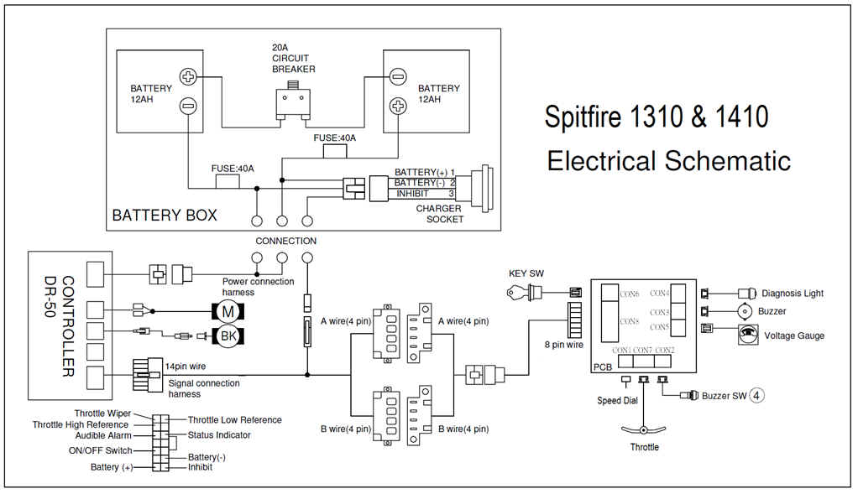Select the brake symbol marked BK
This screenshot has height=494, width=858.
pos(227,336)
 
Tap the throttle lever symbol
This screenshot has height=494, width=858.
pos(645,429)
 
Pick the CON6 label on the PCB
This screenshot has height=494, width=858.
pos(630,294)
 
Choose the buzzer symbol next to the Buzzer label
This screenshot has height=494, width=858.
pos(744,310)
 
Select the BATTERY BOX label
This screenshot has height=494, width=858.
pos(165,216)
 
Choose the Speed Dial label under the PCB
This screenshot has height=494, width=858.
pos(617,400)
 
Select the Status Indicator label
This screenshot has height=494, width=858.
pos(219,434)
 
